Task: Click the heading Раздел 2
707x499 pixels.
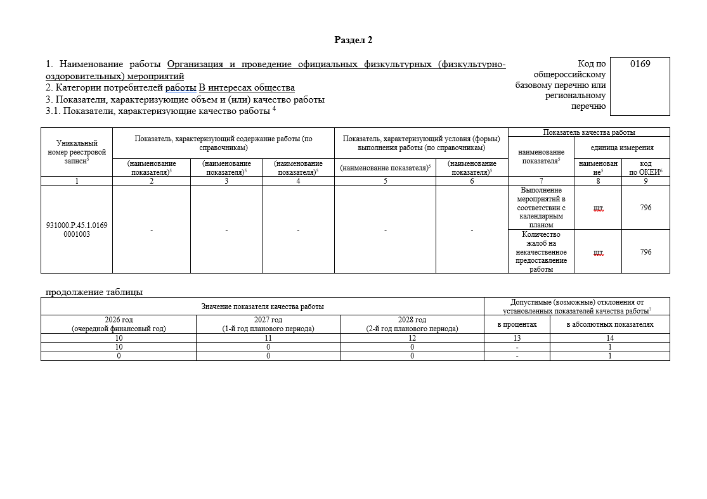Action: [x=353, y=40]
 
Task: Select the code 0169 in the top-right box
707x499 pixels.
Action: [x=640, y=63]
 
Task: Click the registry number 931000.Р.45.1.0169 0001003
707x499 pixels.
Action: [x=77, y=229]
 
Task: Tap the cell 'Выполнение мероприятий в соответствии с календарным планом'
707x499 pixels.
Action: [x=541, y=207]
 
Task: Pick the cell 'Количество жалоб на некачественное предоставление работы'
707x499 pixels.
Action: [x=541, y=251]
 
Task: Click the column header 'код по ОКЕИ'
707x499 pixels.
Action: [x=645, y=167]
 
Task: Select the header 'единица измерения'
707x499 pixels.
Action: [x=621, y=148]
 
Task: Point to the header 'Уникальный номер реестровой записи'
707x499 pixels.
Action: [x=77, y=152]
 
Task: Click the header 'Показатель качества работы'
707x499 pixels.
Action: [x=589, y=132]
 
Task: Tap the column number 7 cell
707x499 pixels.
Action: [x=541, y=181]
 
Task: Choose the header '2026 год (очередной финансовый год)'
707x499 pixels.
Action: [x=119, y=324]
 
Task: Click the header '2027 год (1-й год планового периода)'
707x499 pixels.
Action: [x=268, y=324]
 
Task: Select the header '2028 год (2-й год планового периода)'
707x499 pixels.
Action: [x=412, y=324]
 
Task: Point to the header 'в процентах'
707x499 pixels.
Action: [x=517, y=324]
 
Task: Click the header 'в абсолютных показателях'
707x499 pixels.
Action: [x=610, y=324]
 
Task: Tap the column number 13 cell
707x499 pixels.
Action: [x=517, y=338]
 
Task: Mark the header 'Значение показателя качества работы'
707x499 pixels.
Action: [x=263, y=306]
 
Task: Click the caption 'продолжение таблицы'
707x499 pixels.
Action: [x=94, y=292]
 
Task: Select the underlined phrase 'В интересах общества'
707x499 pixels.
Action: [x=247, y=88]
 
